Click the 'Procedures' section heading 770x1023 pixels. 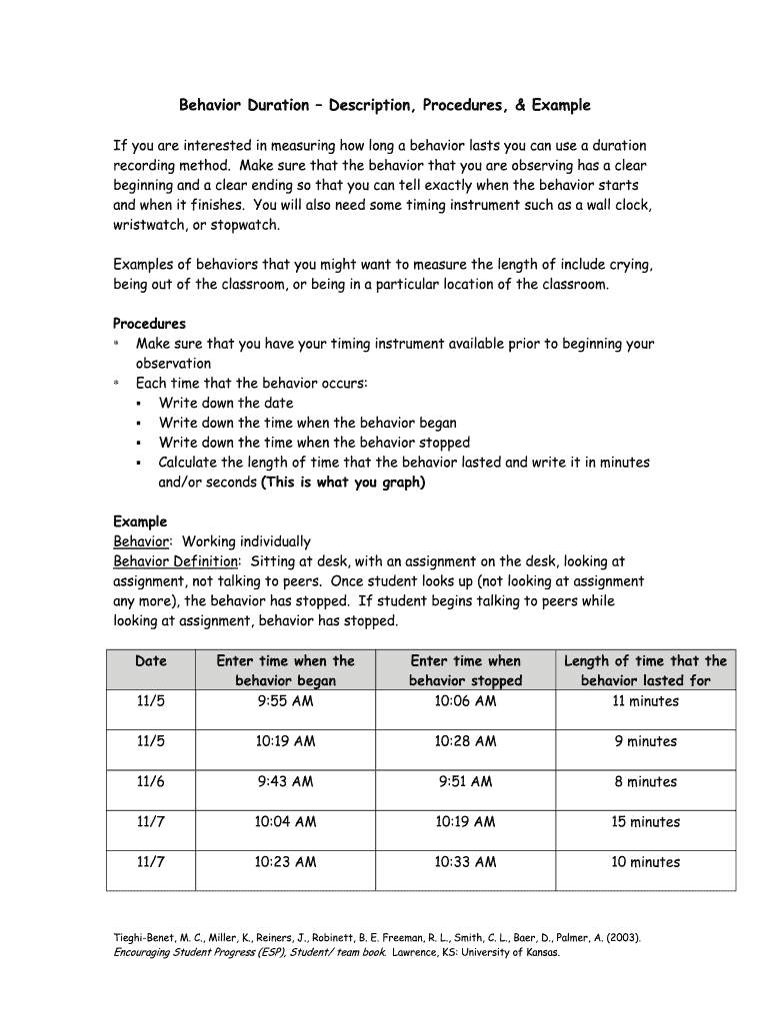point(149,324)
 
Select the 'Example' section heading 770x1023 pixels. point(140,521)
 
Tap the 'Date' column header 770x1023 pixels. point(151,661)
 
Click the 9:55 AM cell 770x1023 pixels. point(285,701)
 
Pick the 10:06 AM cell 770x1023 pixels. point(465,701)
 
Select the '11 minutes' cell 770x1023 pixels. point(645,701)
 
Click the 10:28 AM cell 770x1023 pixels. point(465,741)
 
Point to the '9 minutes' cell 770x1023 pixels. point(645,741)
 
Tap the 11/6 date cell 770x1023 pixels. point(151,782)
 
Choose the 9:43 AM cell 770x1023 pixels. point(285,782)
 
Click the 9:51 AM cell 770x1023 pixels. point(465,782)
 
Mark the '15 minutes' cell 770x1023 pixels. point(645,822)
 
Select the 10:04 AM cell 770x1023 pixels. point(285,822)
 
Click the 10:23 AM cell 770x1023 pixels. point(285,862)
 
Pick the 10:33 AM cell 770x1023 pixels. point(465,862)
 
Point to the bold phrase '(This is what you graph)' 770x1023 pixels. point(343,483)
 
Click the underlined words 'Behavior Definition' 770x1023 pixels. point(176,561)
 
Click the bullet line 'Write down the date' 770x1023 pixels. point(226,403)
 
